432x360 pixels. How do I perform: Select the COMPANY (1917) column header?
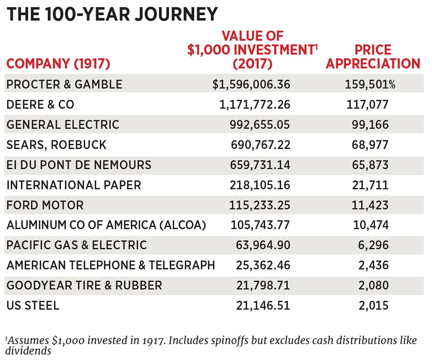pyautogui.click(x=58, y=63)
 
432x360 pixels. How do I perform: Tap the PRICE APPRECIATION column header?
pyautogui.click(x=373, y=57)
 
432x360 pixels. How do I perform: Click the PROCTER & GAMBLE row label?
pyautogui.click(x=64, y=84)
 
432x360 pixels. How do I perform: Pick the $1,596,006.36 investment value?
pyautogui.click(x=252, y=84)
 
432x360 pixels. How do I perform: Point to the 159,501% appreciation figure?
pyautogui.click(x=370, y=84)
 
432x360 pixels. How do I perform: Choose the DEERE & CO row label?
pyautogui.click(x=40, y=105)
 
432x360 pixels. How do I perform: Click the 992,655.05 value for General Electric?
pyautogui.click(x=259, y=125)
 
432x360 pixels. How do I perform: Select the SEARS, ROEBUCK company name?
pyautogui.click(x=56, y=145)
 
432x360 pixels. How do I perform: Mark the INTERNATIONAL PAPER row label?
pyautogui.click(x=73, y=185)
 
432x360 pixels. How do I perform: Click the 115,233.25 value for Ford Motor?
pyautogui.click(x=260, y=205)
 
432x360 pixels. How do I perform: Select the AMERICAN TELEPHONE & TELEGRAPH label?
pyautogui.click(x=110, y=265)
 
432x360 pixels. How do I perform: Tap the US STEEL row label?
pyautogui.click(x=33, y=305)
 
